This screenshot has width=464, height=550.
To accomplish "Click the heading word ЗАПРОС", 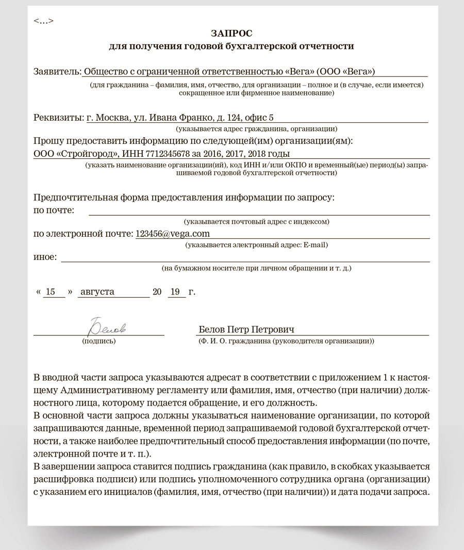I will [231, 34].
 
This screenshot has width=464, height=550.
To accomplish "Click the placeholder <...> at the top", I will [43, 21].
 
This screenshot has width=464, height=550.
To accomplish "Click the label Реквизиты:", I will [58, 117].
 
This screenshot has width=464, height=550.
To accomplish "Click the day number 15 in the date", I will [50, 292].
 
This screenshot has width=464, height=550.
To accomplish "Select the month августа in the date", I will [97, 292].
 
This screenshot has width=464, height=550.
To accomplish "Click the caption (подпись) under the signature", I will [99, 342].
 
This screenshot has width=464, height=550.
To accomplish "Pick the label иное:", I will [45, 256].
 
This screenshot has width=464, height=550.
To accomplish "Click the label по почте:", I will [54, 210].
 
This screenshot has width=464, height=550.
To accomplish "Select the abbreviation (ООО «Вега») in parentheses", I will [342, 71].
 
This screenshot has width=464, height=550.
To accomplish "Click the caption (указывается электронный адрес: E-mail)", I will [257, 245].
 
